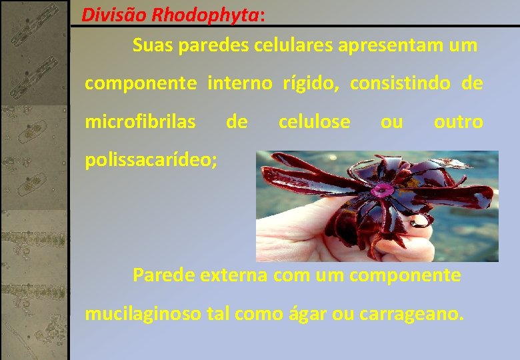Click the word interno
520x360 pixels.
pyautogui.click(x=240, y=84)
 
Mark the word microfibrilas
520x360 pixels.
pyautogui.click(x=140, y=122)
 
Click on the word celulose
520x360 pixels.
pyautogui.click(x=314, y=122)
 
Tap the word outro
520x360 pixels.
pyautogui.click(x=458, y=122)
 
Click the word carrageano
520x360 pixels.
pyautogui.click(x=409, y=313)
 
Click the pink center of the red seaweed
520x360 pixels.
pyautogui.click(x=381, y=191)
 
